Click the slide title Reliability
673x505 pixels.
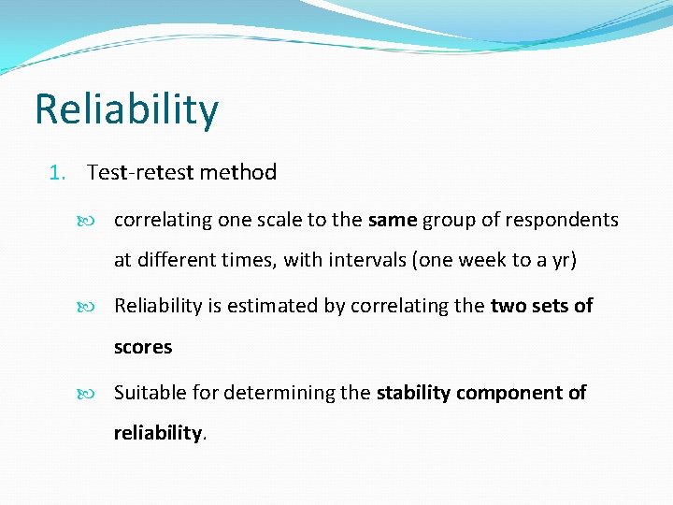[126, 109]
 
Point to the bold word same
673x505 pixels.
[393, 221]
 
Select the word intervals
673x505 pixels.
[365, 261]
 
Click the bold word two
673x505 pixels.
[509, 306]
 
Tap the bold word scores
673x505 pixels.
[143, 347]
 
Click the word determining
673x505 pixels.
[281, 393]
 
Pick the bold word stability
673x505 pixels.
[412, 393]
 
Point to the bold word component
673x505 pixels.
[507, 393]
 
